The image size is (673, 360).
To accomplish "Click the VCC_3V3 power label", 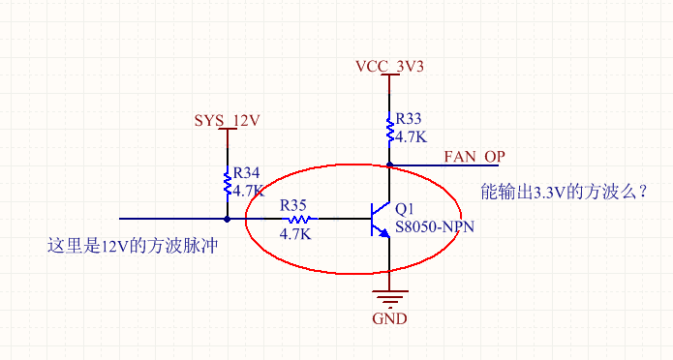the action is point(389,67).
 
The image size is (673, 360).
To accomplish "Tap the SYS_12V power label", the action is point(228,120).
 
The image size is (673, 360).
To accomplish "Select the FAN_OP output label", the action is point(474,156).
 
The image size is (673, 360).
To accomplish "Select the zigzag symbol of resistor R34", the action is point(228,181).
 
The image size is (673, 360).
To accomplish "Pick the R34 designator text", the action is point(247,173).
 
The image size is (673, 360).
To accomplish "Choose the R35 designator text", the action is point(293,205).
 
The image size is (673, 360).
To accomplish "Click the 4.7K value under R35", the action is point(294,234).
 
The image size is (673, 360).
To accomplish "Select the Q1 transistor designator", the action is point(405,208).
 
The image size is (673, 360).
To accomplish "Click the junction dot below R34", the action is point(228,219).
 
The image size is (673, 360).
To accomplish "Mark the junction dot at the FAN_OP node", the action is point(389,165).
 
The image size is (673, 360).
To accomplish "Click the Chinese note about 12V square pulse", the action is point(131,245).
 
